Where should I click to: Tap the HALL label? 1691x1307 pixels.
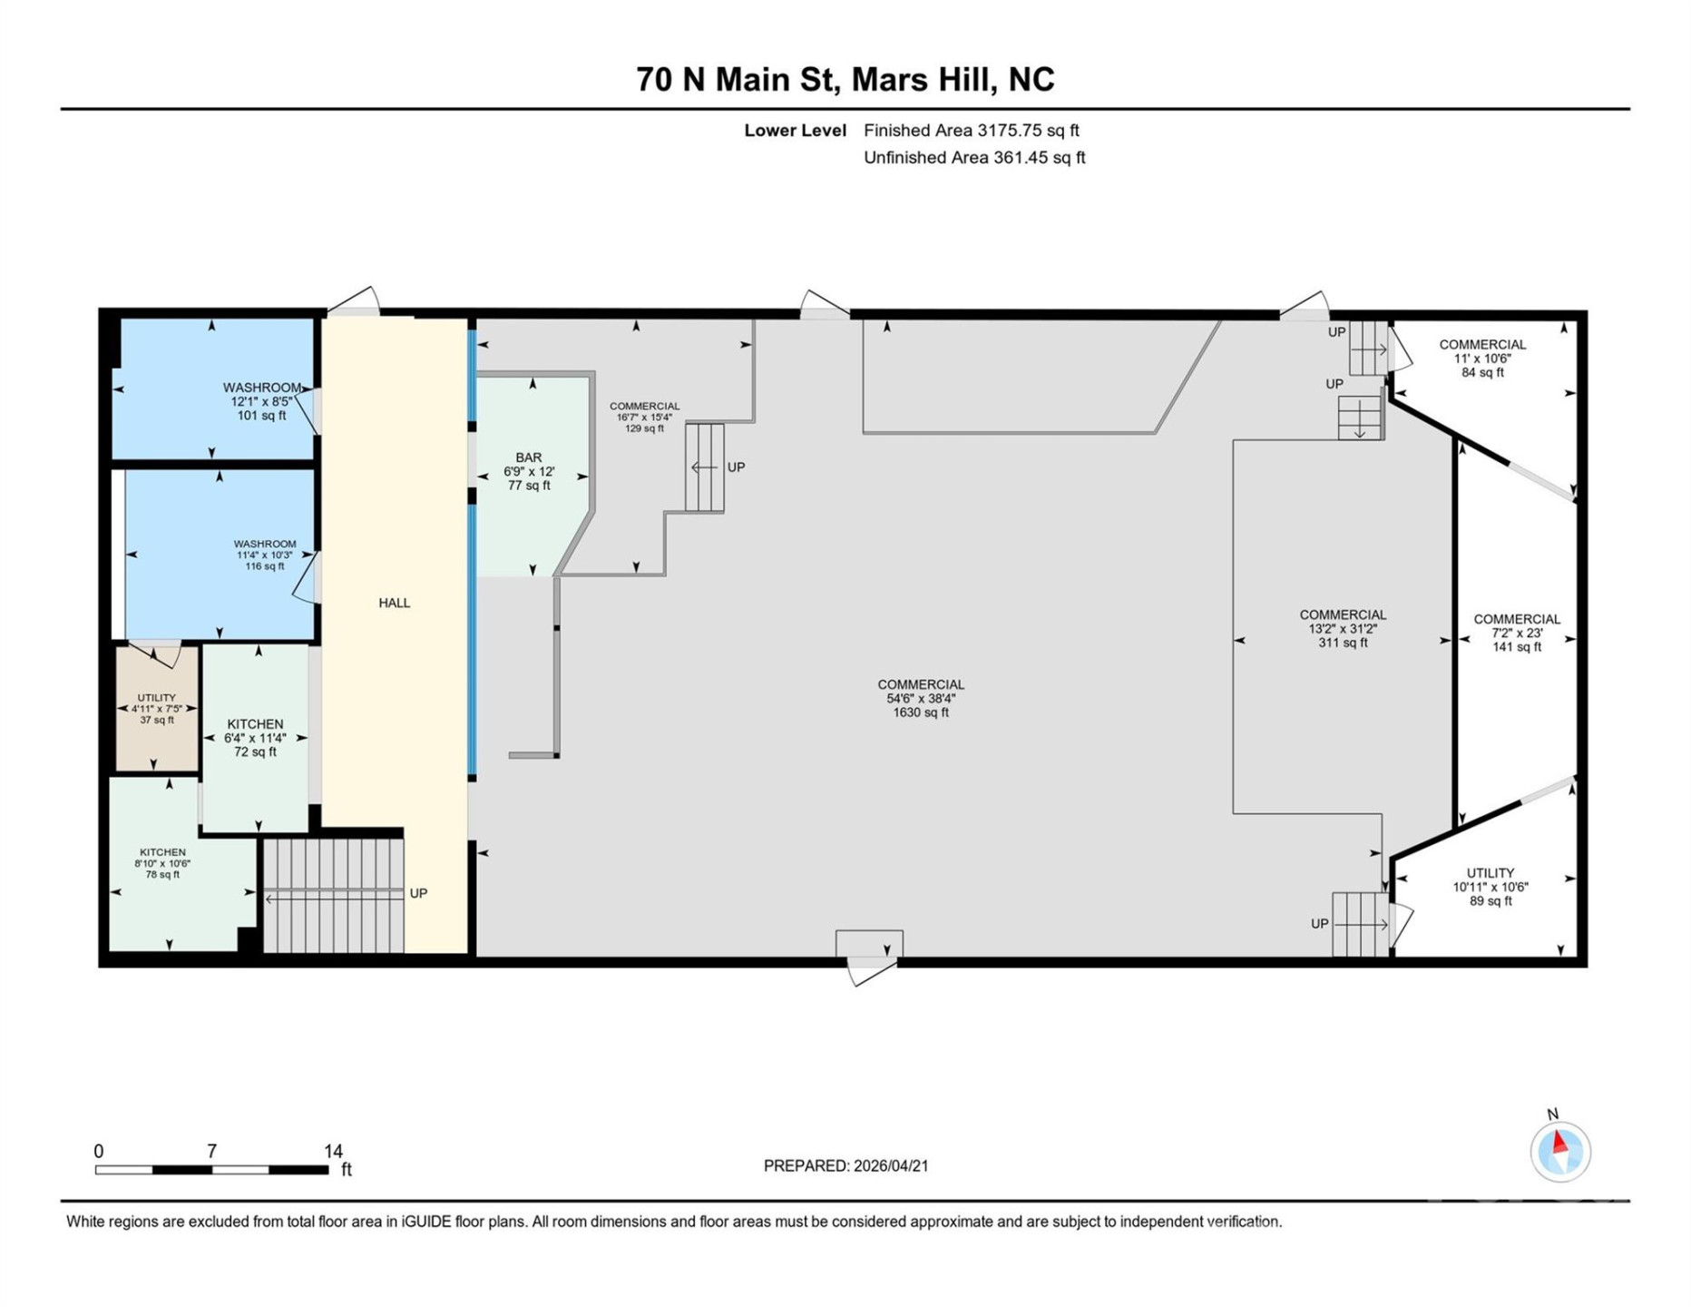pos(394,603)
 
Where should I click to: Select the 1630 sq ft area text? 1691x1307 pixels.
pos(920,713)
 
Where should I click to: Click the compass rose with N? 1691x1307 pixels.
pos(1559,1151)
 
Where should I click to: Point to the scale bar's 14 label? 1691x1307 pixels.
pos(333,1151)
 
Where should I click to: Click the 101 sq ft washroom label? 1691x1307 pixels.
pos(261,401)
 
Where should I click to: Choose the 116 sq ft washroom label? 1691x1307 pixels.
pos(264,555)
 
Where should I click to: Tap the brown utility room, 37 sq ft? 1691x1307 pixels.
pos(157,709)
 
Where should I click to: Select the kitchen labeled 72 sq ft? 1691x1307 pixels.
pos(255,738)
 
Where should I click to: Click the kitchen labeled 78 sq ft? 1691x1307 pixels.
pos(163,863)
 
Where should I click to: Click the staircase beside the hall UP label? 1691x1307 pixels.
pos(333,895)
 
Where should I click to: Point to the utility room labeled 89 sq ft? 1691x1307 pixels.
pos(1490,887)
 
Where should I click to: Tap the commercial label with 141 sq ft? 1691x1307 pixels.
pos(1516,633)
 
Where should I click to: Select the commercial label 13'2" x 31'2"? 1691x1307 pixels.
pos(1343,628)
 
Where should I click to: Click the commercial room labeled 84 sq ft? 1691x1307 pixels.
pos(1482,358)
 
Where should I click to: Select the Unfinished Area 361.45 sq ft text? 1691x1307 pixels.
pos(973,158)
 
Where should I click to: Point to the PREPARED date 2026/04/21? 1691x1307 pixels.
pos(845,1166)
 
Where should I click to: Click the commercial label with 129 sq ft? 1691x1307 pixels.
pos(644,418)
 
